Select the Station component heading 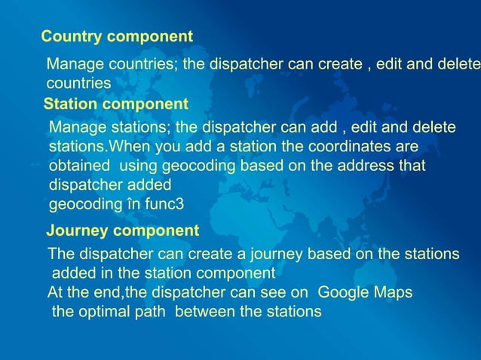[x=115, y=103]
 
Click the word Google [x=343, y=292]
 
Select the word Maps [x=394, y=292]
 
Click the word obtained [x=81, y=165]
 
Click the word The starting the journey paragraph [x=60, y=253]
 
